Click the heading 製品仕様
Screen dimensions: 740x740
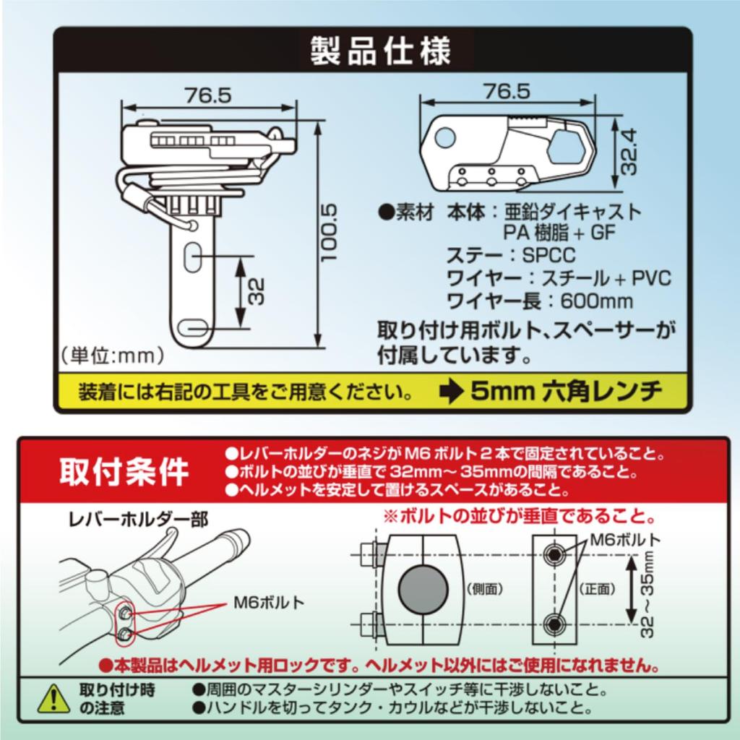point(380,51)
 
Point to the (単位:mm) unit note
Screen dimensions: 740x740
point(112,356)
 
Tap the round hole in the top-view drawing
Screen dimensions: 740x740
point(444,137)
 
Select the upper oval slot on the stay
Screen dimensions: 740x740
point(192,257)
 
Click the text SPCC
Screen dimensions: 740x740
point(549,255)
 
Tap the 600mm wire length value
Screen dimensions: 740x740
point(596,301)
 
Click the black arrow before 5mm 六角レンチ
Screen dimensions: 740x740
point(451,392)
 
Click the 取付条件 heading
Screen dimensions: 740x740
point(124,471)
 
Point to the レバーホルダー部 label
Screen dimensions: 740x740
point(138,520)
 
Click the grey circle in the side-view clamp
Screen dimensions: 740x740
point(423,589)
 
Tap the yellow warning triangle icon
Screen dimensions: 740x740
point(53,699)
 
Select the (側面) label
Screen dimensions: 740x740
point(485,589)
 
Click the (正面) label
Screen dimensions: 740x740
point(598,589)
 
